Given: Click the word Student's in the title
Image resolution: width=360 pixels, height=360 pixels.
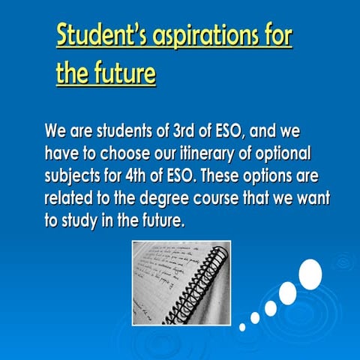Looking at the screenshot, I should pos(97,35).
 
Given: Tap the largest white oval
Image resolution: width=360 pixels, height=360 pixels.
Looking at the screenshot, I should pos(310,273).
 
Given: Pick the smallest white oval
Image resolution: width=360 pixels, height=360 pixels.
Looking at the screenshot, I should pos(242,327).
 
